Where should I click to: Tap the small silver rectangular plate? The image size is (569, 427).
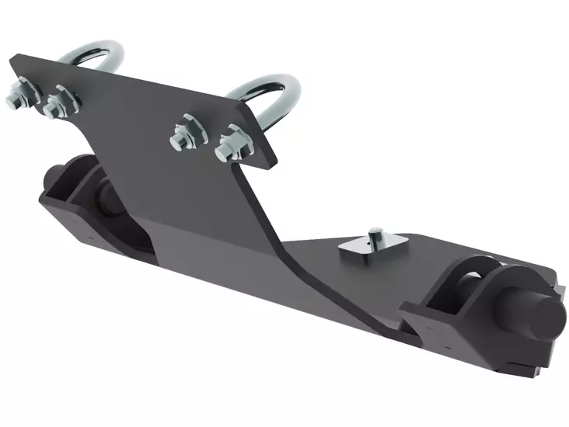[x=366, y=248]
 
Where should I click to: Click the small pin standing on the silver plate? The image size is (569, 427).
[x=374, y=233]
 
